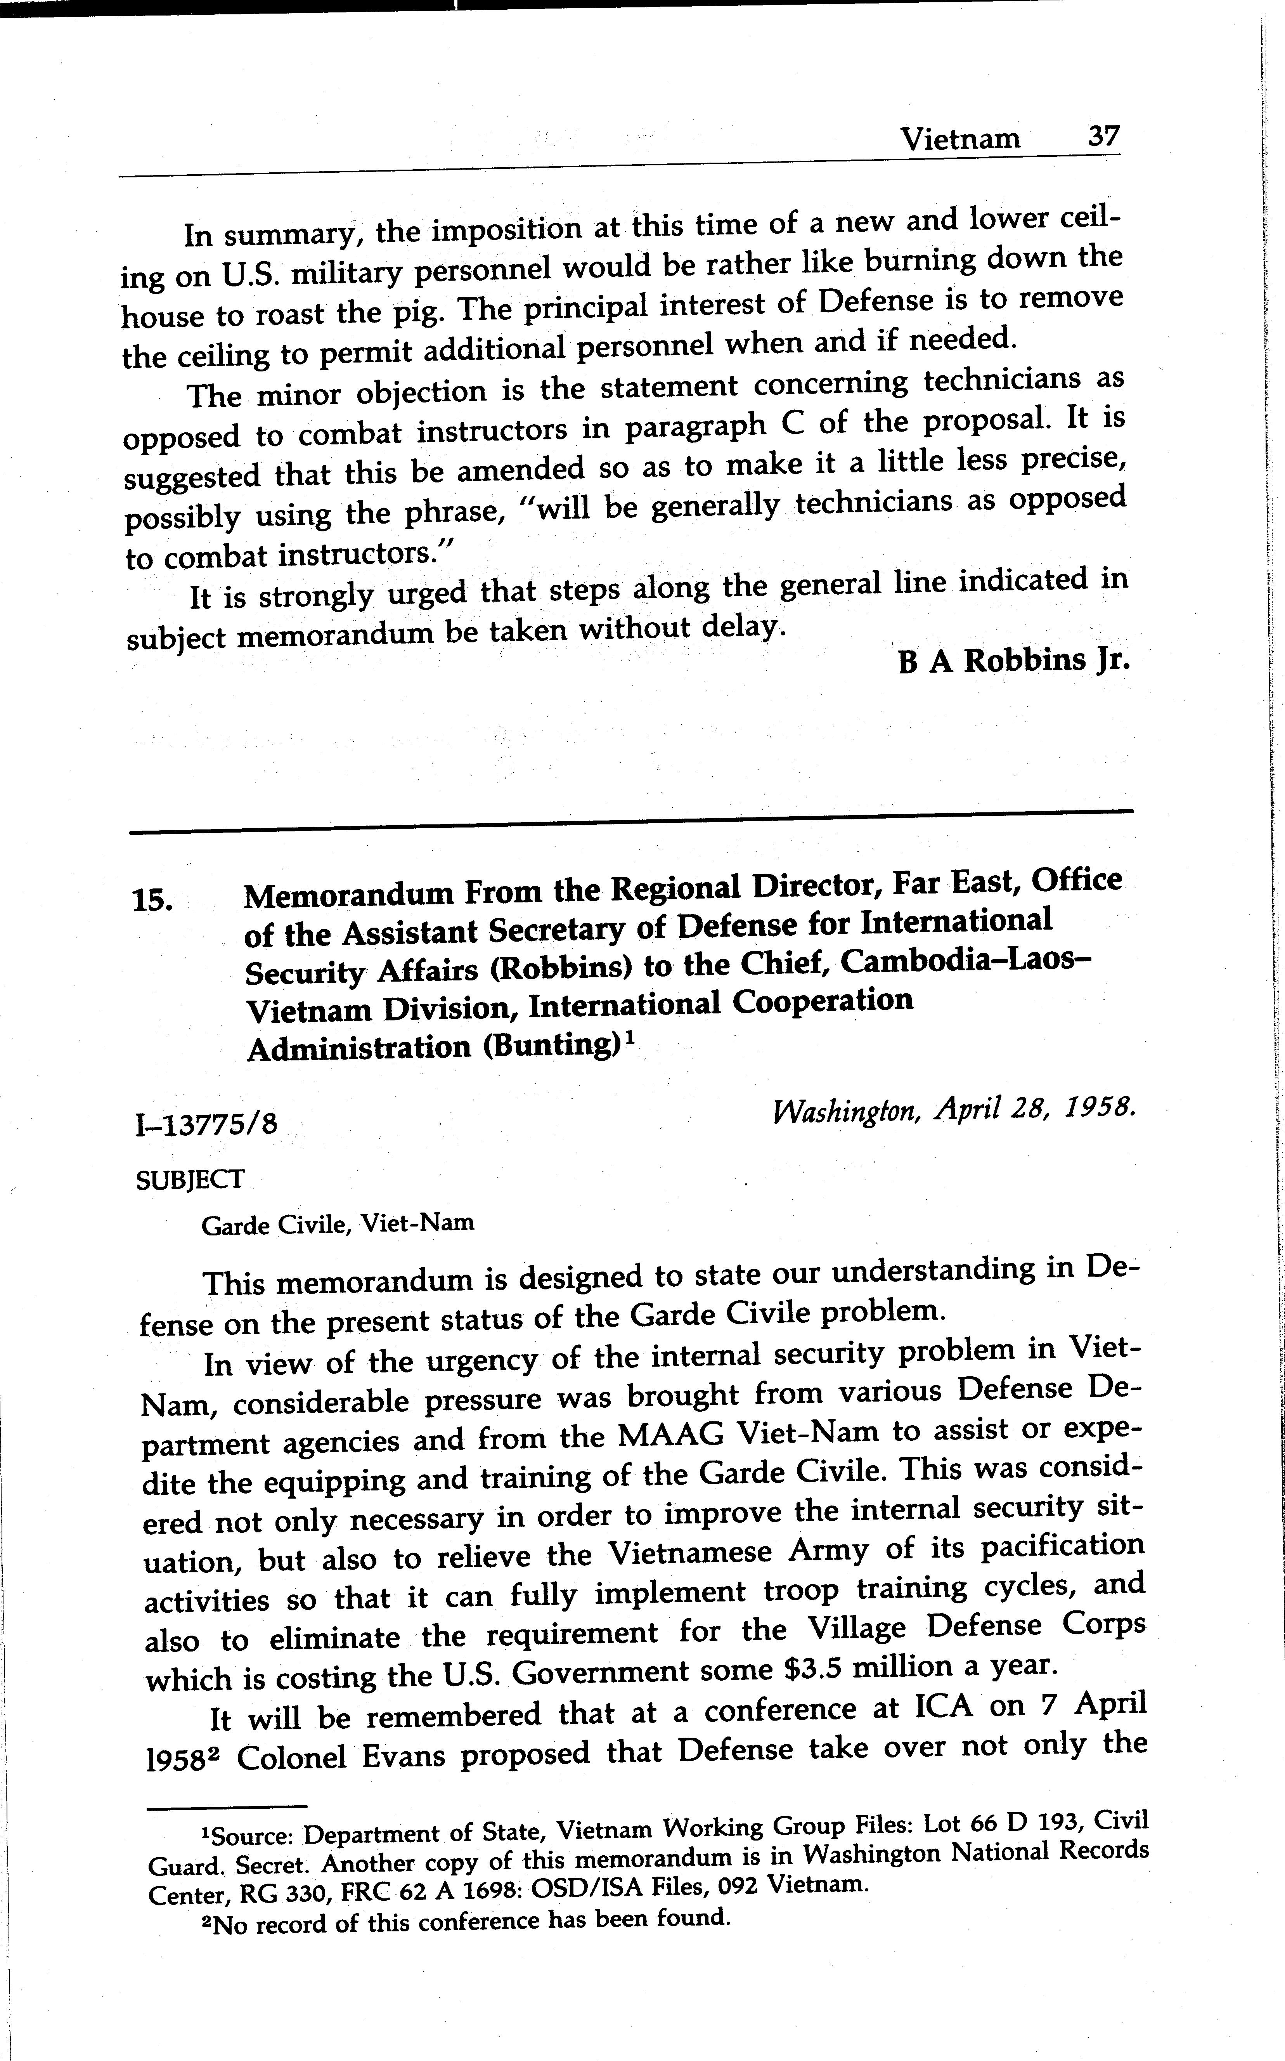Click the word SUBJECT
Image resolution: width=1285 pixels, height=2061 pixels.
pos(189,1179)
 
